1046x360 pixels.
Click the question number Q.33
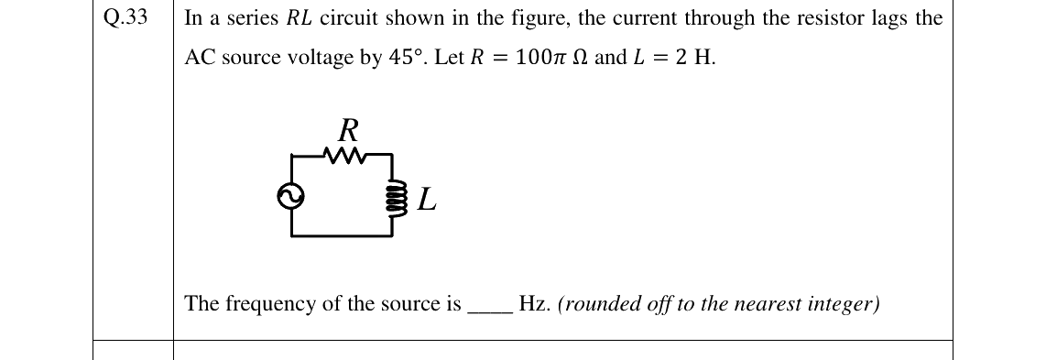pyautogui.click(x=125, y=18)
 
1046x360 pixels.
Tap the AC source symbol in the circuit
pyautogui.click(x=291, y=196)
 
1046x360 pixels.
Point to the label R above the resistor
pyautogui.click(x=347, y=130)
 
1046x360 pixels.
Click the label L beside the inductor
pyautogui.click(x=427, y=199)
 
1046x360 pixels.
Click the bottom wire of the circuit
pyautogui.click(x=341, y=235)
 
